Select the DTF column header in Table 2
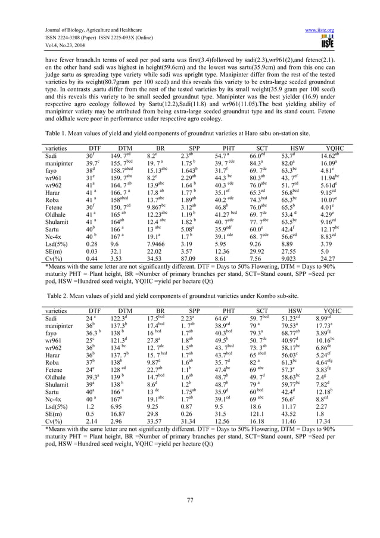point(94,310)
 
